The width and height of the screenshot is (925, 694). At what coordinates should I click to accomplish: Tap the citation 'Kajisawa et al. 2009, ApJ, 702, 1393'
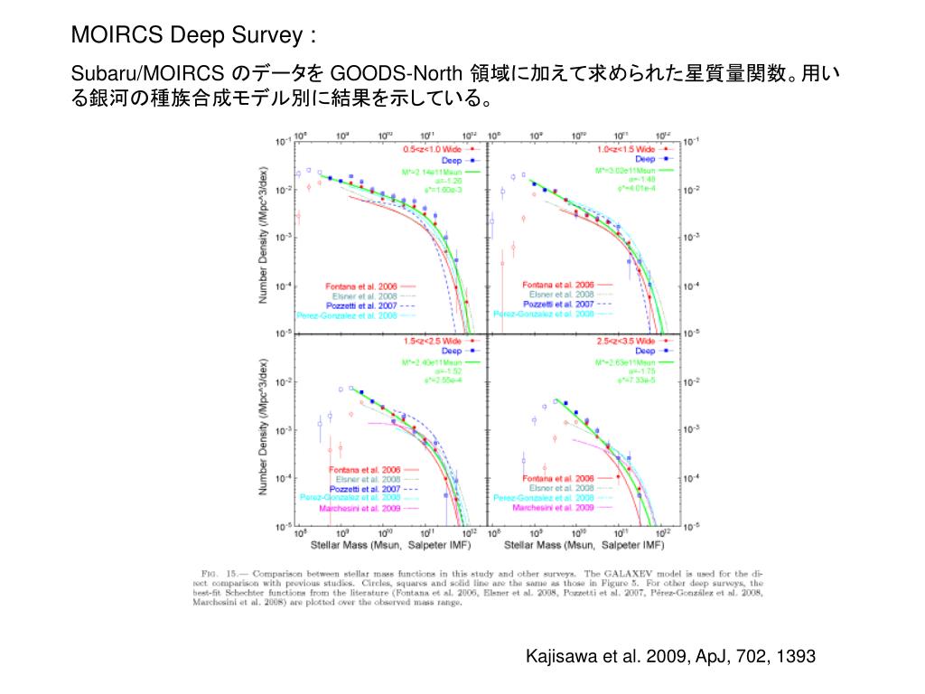pos(670,656)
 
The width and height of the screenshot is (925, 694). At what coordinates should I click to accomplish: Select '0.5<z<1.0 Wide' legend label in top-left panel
pos(433,148)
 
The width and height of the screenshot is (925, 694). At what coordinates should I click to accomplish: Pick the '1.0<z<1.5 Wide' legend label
pos(626,148)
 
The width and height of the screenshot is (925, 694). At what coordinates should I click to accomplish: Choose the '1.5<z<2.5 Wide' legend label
pos(433,341)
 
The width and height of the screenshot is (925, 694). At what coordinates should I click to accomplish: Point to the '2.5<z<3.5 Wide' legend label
pos(626,341)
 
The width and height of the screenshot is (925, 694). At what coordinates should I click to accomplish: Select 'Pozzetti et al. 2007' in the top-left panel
pos(362,306)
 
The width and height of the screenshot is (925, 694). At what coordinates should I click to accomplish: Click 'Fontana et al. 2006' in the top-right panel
pos(558,285)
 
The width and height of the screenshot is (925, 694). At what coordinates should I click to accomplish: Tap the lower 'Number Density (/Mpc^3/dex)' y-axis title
pos(264,428)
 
